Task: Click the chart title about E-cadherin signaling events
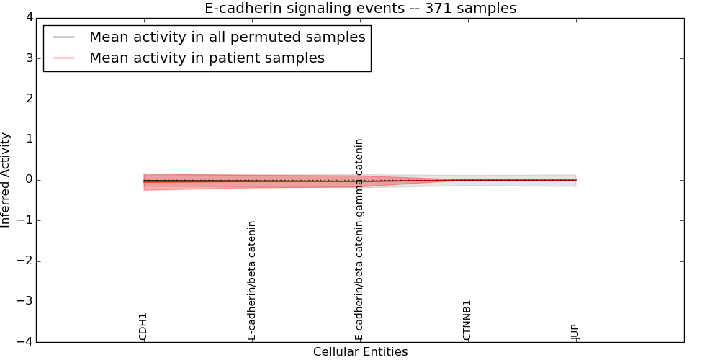360,9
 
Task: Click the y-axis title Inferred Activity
6,180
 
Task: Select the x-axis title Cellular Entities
360,352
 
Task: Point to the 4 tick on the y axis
26,18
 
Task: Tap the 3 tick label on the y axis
26,58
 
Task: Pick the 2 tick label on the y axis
26,99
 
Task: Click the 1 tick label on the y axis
26,140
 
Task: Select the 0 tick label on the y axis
26,180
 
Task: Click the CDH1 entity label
143,326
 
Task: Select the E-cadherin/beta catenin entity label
252,280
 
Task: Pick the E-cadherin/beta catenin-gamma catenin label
359,239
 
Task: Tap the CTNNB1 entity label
467,320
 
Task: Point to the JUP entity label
575,332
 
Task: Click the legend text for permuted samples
227,37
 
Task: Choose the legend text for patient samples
207,58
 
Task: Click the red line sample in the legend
64,58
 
